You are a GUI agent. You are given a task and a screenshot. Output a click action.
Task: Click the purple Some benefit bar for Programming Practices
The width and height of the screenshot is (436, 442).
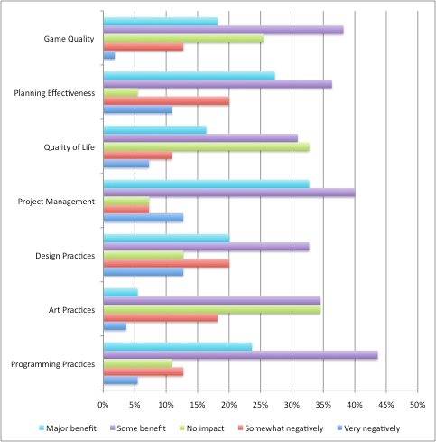pyautogui.click(x=240, y=355)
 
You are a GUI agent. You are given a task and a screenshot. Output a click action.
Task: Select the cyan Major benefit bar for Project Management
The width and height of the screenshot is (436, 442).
pyautogui.click(x=206, y=184)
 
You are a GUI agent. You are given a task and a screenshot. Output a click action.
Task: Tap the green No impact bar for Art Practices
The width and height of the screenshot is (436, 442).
pyautogui.click(x=212, y=309)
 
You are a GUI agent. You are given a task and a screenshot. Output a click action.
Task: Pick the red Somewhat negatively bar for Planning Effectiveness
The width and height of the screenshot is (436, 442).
pyautogui.click(x=166, y=101)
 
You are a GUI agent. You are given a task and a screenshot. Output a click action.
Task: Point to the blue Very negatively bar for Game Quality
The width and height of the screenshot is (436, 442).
pyautogui.click(x=109, y=56)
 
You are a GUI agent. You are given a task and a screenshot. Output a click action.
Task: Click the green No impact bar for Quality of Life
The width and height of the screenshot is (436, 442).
pyautogui.click(x=206, y=146)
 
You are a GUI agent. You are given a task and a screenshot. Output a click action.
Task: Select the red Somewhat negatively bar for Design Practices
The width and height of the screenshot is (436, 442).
pyautogui.click(x=166, y=264)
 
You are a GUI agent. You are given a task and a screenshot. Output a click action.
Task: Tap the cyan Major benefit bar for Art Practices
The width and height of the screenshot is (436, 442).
pyautogui.click(x=120, y=293)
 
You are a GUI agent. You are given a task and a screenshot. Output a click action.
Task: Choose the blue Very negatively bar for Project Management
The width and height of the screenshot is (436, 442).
pyautogui.click(x=144, y=218)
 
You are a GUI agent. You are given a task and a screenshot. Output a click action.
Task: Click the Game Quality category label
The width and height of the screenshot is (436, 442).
pyautogui.click(x=69, y=39)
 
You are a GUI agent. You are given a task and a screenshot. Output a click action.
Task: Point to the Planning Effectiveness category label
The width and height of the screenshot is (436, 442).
pyautogui.click(x=54, y=93)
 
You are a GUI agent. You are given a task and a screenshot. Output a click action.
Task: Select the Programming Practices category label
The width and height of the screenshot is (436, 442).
pyautogui.click(x=53, y=364)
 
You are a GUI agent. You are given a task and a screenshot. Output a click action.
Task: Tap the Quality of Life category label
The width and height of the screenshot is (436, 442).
pyautogui.click(x=70, y=147)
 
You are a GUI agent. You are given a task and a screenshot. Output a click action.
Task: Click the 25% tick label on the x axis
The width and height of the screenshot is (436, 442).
pyautogui.click(x=260, y=405)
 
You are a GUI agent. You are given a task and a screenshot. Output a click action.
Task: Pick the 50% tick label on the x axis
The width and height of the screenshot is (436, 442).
pyautogui.click(x=417, y=405)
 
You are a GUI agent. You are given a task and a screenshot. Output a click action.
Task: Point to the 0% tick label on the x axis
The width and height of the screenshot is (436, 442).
pyautogui.click(x=103, y=405)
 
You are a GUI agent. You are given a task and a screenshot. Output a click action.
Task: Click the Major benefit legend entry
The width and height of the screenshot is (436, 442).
pyautogui.click(x=68, y=428)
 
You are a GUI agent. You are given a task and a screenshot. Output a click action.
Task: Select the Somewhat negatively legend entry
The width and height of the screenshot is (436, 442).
pyautogui.click(x=281, y=428)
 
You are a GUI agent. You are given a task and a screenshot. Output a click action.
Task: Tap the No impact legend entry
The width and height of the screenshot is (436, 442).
pyautogui.click(x=202, y=428)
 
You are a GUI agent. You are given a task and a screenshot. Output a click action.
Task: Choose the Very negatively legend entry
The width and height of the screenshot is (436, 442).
pyautogui.click(x=369, y=428)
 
